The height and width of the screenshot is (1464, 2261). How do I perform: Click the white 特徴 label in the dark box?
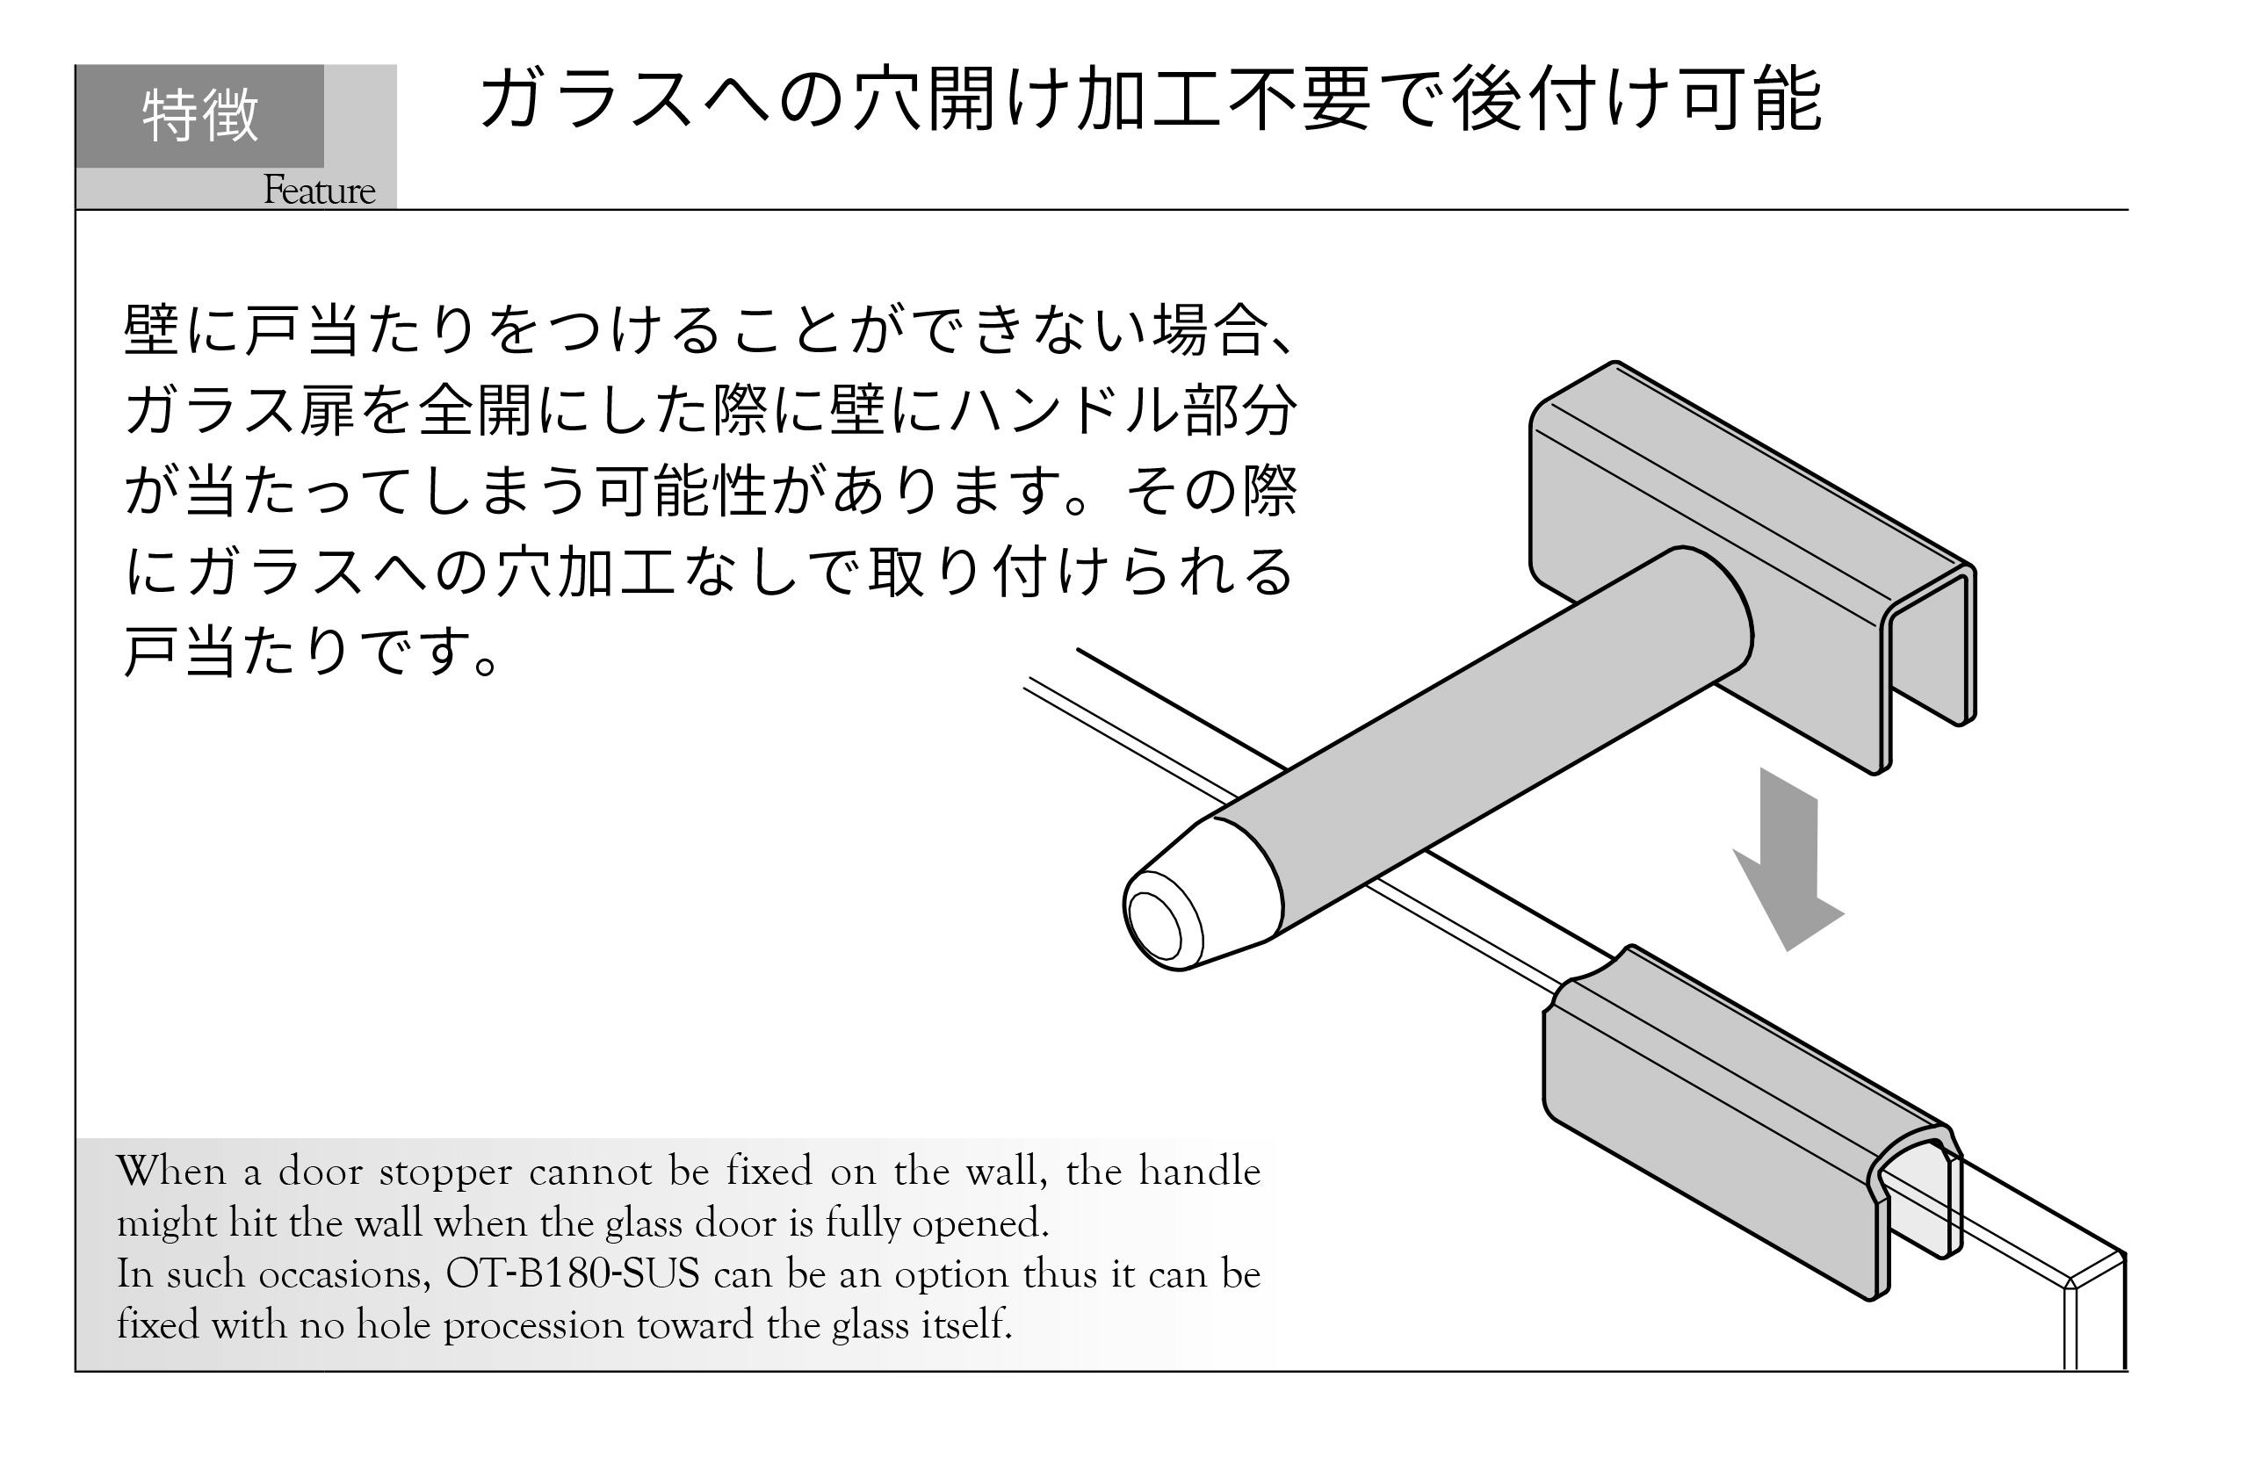[x=200, y=115]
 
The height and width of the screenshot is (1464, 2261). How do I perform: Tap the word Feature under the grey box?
[x=319, y=190]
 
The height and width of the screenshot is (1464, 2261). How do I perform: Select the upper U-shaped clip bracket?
[x=1752, y=566]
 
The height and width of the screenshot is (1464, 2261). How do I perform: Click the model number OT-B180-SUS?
[x=572, y=1274]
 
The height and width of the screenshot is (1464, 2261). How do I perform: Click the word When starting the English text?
[x=172, y=1172]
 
